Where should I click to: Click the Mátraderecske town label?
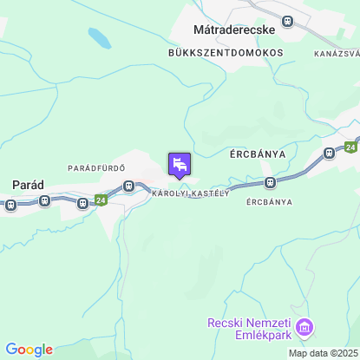pos(233,29)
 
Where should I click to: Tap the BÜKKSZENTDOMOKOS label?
pos(226,53)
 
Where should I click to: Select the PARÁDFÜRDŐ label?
pos(97,167)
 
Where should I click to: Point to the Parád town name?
pos(28,184)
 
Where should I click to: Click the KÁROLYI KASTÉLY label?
pos(190,193)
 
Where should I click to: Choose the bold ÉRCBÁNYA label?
pos(258,154)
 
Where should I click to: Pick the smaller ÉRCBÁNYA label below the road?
pos(269,202)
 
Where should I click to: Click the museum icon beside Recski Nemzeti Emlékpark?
pos(304,328)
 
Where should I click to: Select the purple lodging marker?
pos(180,163)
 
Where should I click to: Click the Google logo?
pos(29,350)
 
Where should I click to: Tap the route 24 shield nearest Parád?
pos(101,200)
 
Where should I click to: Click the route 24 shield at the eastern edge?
pos(350,146)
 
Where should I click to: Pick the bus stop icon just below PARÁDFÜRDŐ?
pos(128,185)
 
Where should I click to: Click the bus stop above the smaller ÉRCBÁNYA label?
pos(271,182)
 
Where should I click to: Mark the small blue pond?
pos(99,38)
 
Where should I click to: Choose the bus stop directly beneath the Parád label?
pos(11,206)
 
